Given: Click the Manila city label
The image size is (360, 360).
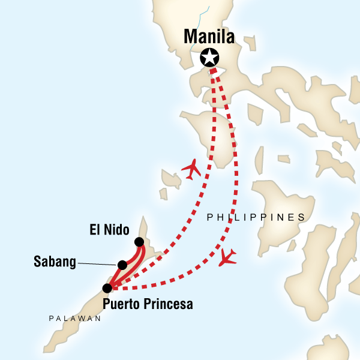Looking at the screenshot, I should tap(209, 38).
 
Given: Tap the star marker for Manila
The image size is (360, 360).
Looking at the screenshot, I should tap(209, 58).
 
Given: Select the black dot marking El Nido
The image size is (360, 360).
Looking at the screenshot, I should tap(139, 242).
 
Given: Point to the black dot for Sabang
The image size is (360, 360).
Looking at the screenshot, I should tap(122, 265).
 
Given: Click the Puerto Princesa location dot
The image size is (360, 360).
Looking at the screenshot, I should tap(107, 288).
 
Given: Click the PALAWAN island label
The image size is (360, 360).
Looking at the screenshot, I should tap(75, 319).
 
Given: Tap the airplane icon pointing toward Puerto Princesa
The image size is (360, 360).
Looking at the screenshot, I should tap(228, 257).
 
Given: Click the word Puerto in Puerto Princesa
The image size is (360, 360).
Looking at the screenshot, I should tap(123, 304).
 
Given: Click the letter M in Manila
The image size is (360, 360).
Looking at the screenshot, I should tap(191, 38).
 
